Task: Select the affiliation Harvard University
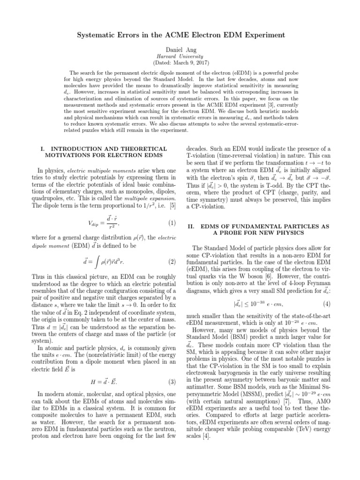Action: point(180,56)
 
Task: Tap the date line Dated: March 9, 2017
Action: point(180,62)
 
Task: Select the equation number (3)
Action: point(172,407)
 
